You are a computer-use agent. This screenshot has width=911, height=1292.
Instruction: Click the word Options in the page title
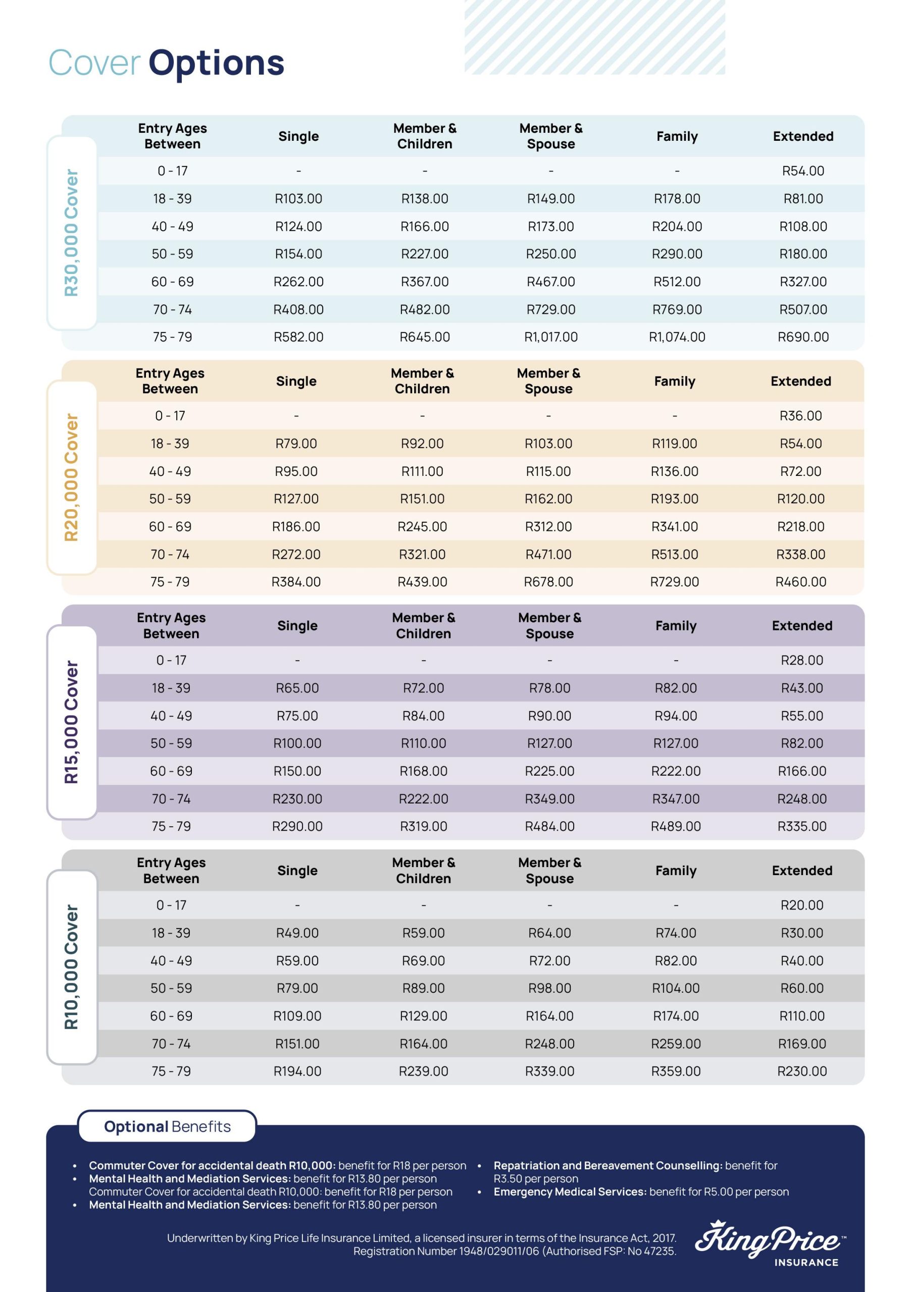click(x=216, y=63)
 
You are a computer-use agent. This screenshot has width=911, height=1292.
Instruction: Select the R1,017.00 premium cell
click(x=550, y=337)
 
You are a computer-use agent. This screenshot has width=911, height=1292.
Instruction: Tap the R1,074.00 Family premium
click(x=676, y=337)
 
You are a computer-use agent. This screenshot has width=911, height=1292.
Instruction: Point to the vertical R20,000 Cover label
click(x=72, y=477)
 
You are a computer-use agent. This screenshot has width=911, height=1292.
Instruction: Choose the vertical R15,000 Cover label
click(x=72, y=722)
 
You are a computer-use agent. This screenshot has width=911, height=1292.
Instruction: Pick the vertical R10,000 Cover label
click(x=72, y=967)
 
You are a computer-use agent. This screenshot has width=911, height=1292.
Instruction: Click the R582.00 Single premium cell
click(x=298, y=337)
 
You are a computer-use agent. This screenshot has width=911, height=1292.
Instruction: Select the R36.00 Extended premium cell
click(x=800, y=416)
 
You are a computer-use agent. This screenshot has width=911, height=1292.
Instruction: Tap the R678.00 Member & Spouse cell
click(x=548, y=582)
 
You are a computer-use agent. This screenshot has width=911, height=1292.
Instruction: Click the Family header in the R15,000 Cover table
click(x=675, y=626)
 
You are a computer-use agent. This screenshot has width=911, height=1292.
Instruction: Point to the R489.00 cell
click(x=675, y=827)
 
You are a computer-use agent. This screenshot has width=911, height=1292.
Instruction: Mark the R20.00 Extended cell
click(x=801, y=905)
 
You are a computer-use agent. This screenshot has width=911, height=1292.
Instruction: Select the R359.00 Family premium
click(x=675, y=1071)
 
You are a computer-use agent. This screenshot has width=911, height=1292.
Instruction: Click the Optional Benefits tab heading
click(x=167, y=1126)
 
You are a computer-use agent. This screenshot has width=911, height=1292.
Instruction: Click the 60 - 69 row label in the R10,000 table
click(x=171, y=1016)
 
